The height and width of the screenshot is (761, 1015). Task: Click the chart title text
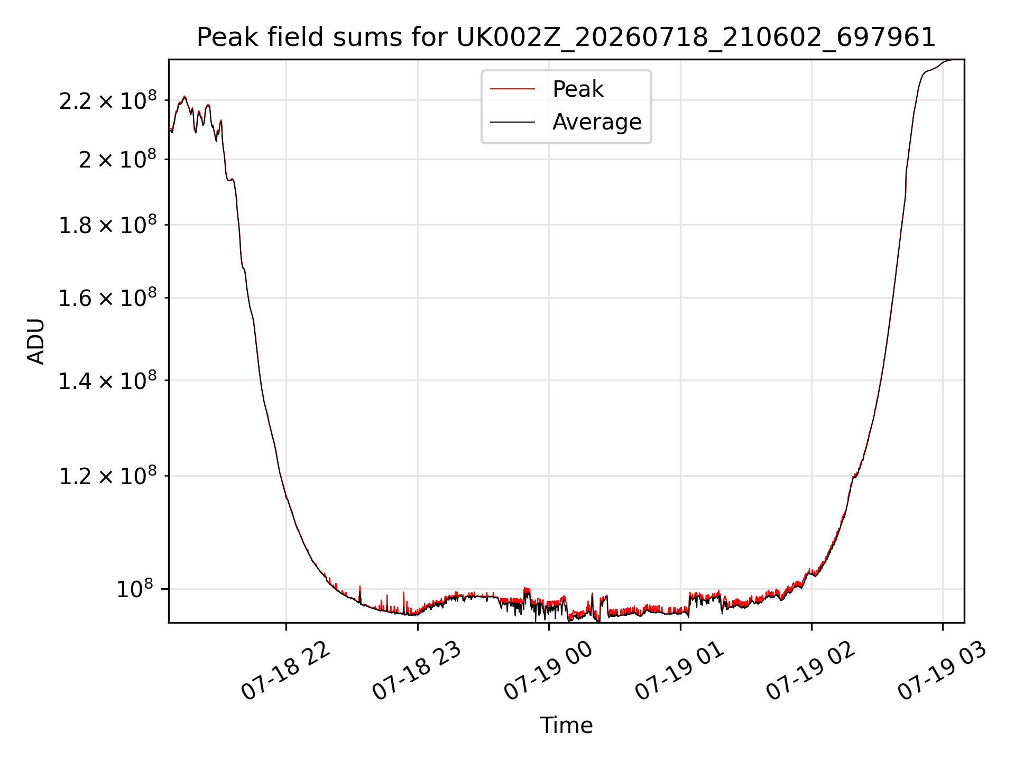tap(566, 38)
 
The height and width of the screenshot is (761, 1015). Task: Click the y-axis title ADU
tap(36, 341)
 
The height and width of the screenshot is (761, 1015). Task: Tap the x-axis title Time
tap(566, 725)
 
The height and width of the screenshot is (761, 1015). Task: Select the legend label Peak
tap(578, 89)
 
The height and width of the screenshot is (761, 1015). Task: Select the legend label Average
tap(597, 122)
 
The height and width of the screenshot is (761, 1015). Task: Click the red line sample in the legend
tap(512, 89)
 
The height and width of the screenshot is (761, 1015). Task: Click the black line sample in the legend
tap(512, 122)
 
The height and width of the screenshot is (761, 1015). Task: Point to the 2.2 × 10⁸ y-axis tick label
tap(108, 100)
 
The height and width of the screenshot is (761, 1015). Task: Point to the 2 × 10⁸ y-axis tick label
tap(118, 159)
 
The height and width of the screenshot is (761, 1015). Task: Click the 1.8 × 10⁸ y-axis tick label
tap(108, 225)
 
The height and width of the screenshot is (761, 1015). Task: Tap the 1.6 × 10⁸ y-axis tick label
tap(108, 298)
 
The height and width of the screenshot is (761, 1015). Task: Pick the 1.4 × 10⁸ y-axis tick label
tap(108, 380)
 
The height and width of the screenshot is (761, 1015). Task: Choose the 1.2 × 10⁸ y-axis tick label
tap(108, 476)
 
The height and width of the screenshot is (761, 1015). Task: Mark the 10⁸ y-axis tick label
tap(135, 589)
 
